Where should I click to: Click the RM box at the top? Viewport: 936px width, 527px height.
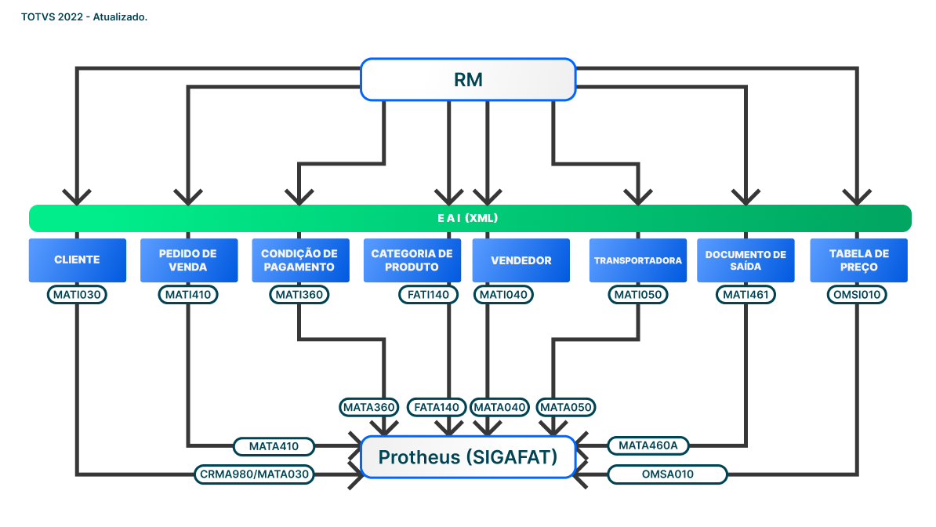[468, 79]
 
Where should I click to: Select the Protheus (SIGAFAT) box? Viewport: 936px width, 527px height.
[468, 457]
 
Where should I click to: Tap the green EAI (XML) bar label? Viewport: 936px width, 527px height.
[468, 218]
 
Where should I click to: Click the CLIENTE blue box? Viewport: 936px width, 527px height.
[77, 260]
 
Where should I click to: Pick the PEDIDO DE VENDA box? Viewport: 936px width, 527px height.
[188, 260]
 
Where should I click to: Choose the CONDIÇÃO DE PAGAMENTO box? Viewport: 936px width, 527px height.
[299, 260]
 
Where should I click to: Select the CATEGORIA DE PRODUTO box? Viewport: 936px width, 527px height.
[412, 260]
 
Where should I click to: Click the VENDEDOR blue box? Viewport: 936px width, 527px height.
[521, 260]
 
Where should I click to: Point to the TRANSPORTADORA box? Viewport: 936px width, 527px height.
[638, 260]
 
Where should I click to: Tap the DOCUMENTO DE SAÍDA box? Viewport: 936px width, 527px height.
[746, 260]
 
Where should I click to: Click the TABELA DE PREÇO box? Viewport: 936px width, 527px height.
[858, 260]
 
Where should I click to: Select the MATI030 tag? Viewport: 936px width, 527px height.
[77, 295]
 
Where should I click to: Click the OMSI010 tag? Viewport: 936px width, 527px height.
[858, 295]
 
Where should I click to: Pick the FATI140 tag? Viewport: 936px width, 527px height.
[428, 295]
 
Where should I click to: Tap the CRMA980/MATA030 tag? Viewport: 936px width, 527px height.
[254, 474]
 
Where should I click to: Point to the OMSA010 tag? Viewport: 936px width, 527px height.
[667, 474]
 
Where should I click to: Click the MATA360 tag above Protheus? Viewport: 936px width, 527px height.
[370, 407]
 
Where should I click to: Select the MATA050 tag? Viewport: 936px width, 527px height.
[566, 407]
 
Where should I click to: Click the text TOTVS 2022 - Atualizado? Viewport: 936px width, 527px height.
[85, 17]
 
